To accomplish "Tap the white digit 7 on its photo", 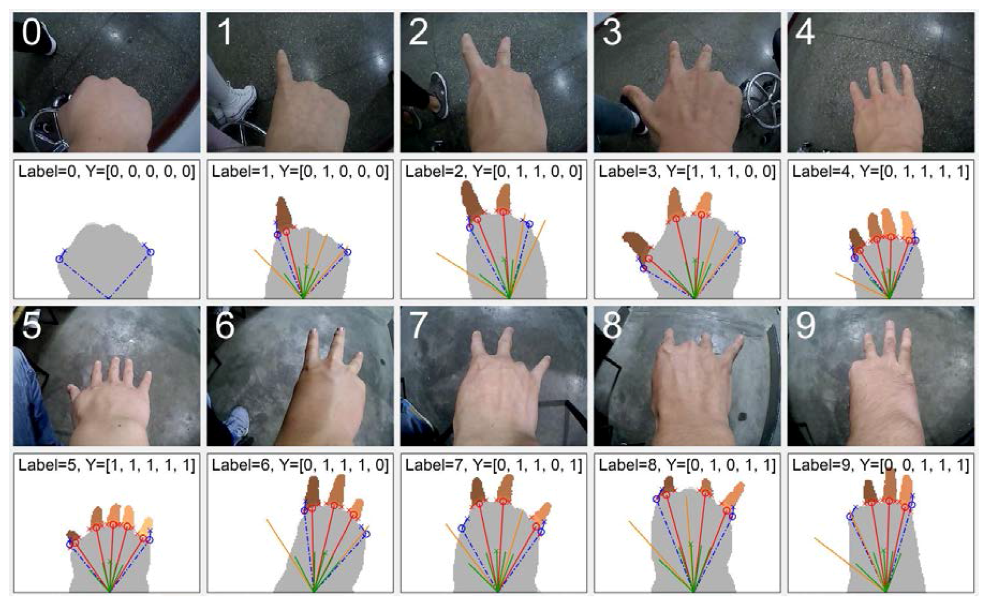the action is pyautogui.click(x=418, y=325).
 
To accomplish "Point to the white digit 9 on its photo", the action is pyautogui.click(x=805, y=325).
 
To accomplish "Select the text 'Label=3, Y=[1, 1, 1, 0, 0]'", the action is pyautogui.click(x=687, y=172).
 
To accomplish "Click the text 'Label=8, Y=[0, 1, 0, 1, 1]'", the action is pyautogui.click(x=687, y=465).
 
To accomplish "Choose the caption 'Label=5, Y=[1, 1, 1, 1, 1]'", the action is pyautogui.click(x=107, y=465).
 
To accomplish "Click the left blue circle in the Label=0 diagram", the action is pyautogui.click(x=59, y=259).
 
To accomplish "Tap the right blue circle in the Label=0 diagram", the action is pyautogui.click(x=151, y=252).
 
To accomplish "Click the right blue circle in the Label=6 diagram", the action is pyautogui.click(x=366, y=534).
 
